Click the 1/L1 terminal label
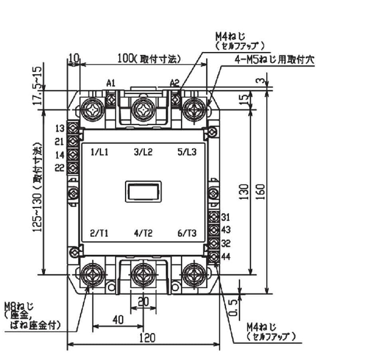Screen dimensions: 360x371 point(100,152)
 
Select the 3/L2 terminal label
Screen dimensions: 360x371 point(143,152)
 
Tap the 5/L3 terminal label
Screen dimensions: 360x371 point(187,152)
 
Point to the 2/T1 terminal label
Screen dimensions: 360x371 point(100,233)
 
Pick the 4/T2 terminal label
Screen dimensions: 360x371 point(143,233)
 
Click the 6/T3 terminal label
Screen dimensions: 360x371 point(187,233)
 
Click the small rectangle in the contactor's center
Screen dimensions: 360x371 point(143,191)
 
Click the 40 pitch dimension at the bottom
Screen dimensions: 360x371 point(118,320)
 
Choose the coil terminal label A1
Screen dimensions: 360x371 point(111,83)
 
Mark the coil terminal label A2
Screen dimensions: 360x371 point(174,83)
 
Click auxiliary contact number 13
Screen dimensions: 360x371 point(59,129)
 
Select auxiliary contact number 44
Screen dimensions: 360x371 point(226,257)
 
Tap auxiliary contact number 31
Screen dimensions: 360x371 point(226,217)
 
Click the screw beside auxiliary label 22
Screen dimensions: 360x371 point(73,168)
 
